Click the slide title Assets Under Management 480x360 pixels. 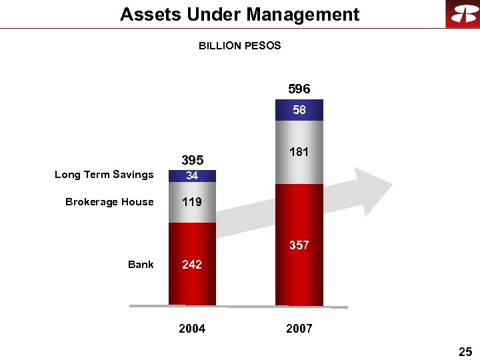tap(239, 15)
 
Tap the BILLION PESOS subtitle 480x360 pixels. tap(239, 46)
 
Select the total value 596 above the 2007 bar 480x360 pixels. tap(299, 89)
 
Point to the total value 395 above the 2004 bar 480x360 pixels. tap(192, 160)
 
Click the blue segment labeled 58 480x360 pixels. tap(299, 110)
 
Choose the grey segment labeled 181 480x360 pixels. tap(299, 152)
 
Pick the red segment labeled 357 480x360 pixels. tap(299, 245)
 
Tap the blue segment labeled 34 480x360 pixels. tap(192, 176)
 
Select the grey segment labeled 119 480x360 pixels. tap(192, 202)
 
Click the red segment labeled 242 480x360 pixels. tap(192, 264)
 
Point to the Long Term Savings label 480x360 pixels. tap(104, 175)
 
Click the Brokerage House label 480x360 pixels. tap(109, 202)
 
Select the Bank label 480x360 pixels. tap(141, 265)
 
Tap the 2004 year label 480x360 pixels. tap(192, 329)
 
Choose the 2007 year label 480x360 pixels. tap(299, 329)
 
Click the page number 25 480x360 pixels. tap(465, 351)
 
